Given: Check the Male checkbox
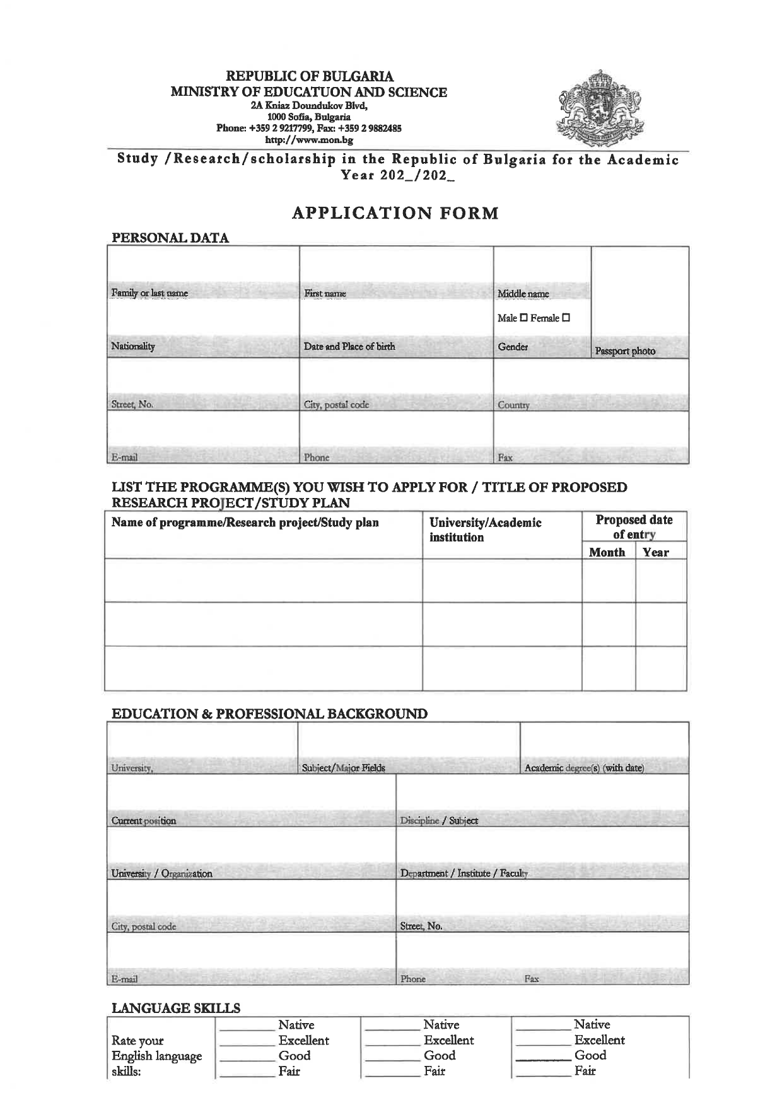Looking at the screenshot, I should tap(523, 318).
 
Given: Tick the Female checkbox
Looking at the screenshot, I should tap(566, 318).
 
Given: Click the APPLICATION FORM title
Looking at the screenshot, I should tap(395, 213).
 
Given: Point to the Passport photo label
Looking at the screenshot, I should tap(625, 351).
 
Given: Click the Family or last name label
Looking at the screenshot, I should tap(149, 293).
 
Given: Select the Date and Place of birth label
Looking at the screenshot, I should tap(349, 346).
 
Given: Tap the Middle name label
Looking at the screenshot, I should tap(523, 294).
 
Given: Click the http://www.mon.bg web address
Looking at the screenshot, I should tap(308, 140).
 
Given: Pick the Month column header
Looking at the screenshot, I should tap(607, 552).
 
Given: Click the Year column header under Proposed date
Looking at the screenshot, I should tap(655, 552).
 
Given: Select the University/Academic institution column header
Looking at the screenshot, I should tap(485, 529).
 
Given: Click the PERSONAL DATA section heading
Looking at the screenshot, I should tap(170, 238).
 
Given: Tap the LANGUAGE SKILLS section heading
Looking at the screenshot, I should tap(176, 1009).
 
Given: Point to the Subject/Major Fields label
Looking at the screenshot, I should tap(344, 768).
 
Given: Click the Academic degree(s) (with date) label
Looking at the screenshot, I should tap(584, 768).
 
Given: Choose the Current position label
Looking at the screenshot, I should tap(144, 821).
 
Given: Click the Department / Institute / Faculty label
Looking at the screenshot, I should tap(464, 874).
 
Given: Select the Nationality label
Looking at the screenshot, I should tap(133, 346).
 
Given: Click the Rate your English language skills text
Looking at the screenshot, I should tap(156, 1056).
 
